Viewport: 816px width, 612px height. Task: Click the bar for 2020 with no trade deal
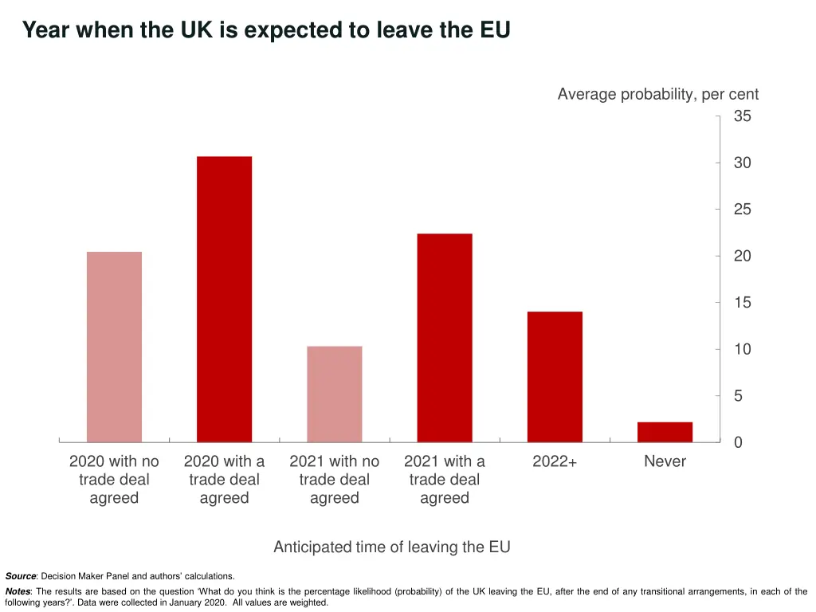click(114, 347)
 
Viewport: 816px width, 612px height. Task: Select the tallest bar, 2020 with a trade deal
click(224, 299)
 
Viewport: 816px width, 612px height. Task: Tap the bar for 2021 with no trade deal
click(335, 394)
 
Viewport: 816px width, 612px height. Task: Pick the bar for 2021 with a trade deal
click(445, 338)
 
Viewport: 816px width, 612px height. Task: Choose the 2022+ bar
click(555, 377)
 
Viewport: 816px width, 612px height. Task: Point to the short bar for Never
click(665, 432)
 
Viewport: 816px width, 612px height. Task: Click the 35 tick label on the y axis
click(742, 116)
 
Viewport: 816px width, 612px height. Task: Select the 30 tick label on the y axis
click(742, 163)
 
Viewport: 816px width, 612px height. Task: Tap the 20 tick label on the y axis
click(742, 256)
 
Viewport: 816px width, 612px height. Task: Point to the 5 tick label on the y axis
click(738, 396)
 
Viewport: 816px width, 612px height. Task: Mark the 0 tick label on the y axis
click(738, 442)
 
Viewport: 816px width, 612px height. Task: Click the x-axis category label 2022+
click(555, 461)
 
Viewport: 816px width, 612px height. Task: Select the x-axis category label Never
click(665, 461)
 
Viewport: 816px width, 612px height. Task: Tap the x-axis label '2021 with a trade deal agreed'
click(445, 480)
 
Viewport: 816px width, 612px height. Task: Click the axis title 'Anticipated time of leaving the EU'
click(391, 547)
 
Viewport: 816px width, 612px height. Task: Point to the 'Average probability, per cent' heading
click(657, 95)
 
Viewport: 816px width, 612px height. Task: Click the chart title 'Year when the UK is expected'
click(265, 30)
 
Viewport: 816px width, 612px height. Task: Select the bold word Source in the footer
click(20, 576)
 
